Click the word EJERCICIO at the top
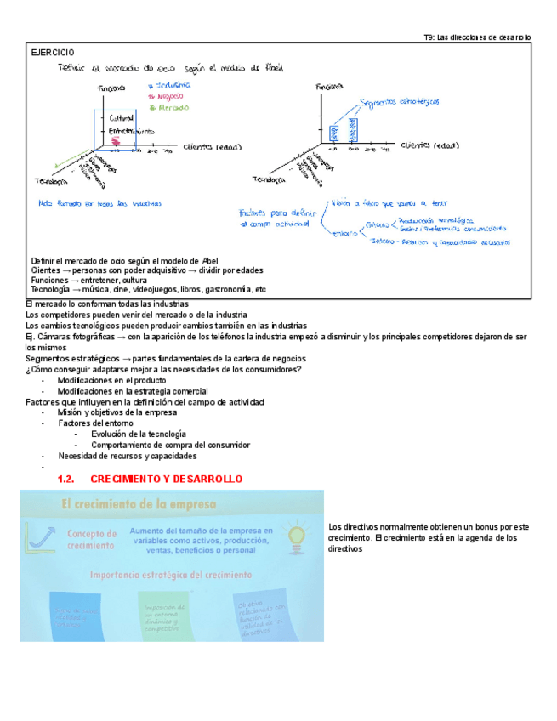52,53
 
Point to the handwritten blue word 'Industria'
173,85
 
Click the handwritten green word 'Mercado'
173,108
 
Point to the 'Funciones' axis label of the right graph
329,87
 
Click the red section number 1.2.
66,480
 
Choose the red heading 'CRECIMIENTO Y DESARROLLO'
167,480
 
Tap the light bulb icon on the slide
297,536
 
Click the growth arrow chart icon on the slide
38,536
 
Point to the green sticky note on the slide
162,615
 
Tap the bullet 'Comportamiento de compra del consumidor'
170,445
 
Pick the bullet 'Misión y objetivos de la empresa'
117,412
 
